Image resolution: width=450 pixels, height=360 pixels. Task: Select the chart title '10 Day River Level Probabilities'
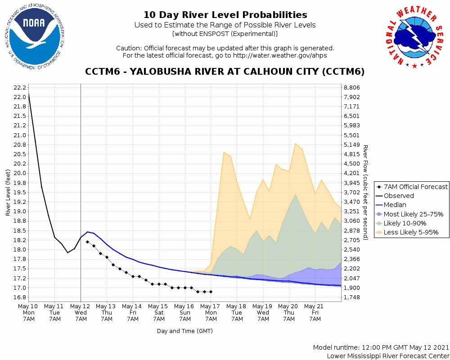pos(225,15)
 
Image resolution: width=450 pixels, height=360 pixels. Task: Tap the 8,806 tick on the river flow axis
pos(351,88)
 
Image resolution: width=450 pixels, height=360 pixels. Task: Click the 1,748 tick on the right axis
pos(351,297)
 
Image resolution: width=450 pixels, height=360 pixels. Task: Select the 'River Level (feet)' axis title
pos(8,193)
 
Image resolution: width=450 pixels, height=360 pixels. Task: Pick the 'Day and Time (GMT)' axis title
pos(184,331)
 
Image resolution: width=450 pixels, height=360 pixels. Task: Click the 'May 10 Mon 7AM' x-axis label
pos(29,312)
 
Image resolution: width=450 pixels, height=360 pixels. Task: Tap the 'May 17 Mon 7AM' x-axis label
pos(211,312)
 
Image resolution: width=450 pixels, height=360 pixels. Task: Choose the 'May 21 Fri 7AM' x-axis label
pos(315,312)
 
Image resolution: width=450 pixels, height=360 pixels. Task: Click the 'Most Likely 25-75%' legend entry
pos(410,214)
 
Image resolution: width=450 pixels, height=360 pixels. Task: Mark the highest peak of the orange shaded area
pos(295,143)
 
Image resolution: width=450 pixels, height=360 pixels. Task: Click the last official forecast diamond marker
pos(211,292)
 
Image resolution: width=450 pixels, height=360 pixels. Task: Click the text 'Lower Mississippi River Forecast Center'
pos(388,356)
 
